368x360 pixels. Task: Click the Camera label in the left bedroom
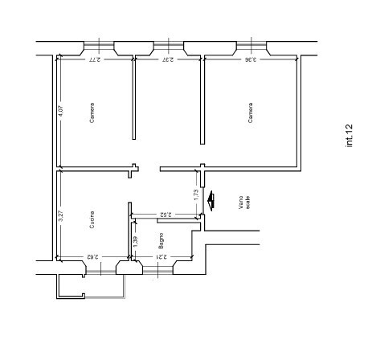click(92, 113)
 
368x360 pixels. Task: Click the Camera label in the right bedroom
click(251, 113)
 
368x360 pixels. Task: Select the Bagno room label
click(161, 240)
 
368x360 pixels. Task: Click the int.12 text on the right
click(350, 135)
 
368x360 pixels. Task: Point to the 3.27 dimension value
click(61, 216)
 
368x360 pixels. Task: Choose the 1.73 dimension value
click(196, 193)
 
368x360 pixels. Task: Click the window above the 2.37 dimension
click(167, 45)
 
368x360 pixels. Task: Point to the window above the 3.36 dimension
click(251, 45)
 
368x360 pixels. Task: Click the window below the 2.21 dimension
click(162, 269)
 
